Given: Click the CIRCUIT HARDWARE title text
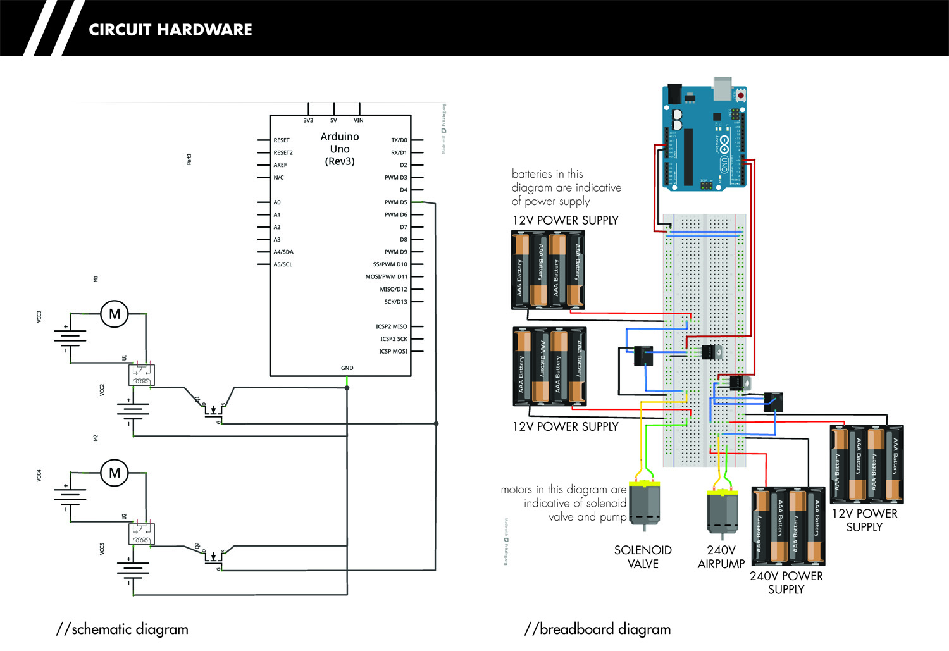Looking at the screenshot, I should (170, 30).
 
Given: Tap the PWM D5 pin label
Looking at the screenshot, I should (395, 202).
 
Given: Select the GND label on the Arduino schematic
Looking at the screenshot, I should (347, 368).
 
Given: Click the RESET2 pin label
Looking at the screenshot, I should (283, 152).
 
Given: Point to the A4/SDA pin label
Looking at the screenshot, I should (283, 252).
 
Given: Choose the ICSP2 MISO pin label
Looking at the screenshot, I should (391, 326).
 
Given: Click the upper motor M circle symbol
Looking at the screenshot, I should (115, 314).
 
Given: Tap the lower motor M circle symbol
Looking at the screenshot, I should (115, 473).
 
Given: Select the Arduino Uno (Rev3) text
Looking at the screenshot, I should (340, 149).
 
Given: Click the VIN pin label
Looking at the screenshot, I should (359, 120).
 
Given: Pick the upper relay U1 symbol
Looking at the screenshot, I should (141, 375).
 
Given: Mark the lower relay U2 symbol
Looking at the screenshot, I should (141, 534).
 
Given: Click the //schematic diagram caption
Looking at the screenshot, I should (122, 629).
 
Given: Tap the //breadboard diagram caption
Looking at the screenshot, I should (597, 629).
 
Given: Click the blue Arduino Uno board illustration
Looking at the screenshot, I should (704, 138).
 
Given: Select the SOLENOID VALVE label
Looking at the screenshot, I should (643, 557).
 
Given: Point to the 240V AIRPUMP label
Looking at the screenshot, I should (721, 557).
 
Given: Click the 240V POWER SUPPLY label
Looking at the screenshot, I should (786, 583).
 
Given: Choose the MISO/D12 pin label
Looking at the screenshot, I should (393, 289).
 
